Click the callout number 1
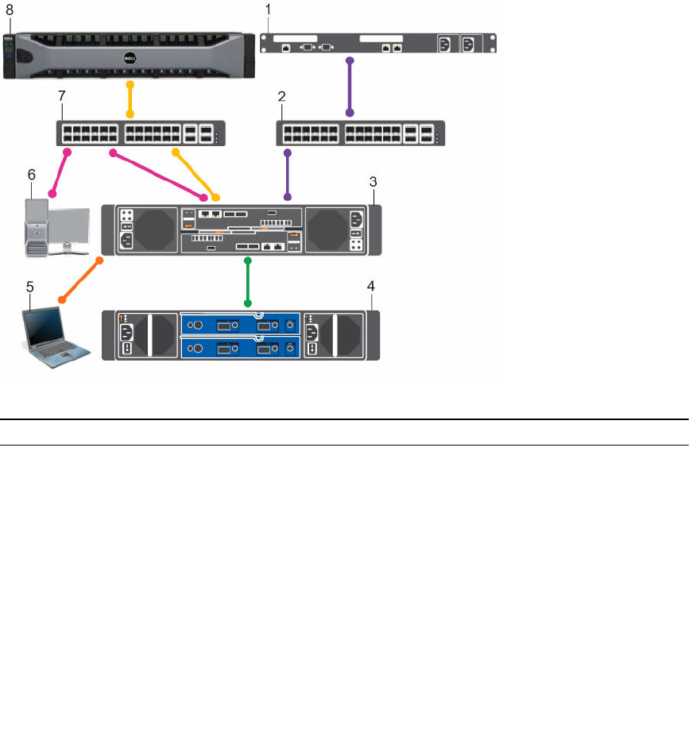tap(269, 9)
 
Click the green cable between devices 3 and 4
tap(248, 281)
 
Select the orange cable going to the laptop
tap(79, 279)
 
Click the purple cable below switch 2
tap(288, 174)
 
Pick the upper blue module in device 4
tap(241, 325)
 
